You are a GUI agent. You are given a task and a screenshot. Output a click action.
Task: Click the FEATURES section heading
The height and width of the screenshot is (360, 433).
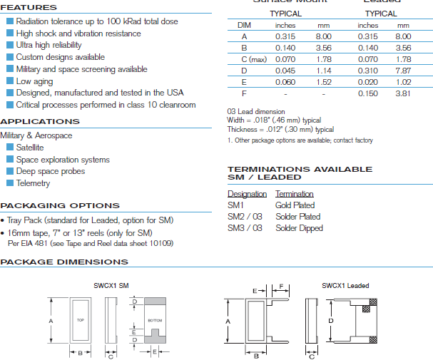29,8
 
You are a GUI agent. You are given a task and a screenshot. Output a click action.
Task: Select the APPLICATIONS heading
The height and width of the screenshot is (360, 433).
40,122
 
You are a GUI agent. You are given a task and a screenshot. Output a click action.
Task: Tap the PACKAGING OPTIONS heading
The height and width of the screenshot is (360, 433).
60,205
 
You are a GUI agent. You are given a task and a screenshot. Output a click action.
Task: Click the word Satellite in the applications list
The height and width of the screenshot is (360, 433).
30,148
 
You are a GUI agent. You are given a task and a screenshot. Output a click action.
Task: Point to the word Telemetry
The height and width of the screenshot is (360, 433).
34,183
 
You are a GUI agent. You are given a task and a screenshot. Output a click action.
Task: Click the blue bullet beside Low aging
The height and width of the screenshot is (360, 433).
10,81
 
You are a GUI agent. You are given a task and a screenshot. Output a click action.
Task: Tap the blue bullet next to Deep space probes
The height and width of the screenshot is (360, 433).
10,171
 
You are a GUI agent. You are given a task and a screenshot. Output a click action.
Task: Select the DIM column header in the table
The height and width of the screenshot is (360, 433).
244,25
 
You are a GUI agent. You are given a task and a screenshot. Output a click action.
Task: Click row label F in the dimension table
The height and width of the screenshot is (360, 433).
244,93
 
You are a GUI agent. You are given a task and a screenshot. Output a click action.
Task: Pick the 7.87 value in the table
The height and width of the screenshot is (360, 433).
403,71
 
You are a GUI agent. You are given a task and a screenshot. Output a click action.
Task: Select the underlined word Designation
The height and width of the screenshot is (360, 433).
247,194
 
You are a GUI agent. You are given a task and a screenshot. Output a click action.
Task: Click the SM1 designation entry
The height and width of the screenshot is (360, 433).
235,205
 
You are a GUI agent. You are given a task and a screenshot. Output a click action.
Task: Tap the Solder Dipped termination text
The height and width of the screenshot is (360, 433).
299,228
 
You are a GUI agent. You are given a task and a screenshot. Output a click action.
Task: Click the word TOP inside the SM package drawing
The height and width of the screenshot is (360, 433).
81,322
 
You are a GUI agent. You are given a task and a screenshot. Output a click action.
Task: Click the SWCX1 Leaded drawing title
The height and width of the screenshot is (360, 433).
345,286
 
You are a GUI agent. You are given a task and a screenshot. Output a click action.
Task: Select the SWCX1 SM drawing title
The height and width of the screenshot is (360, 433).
111,286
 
